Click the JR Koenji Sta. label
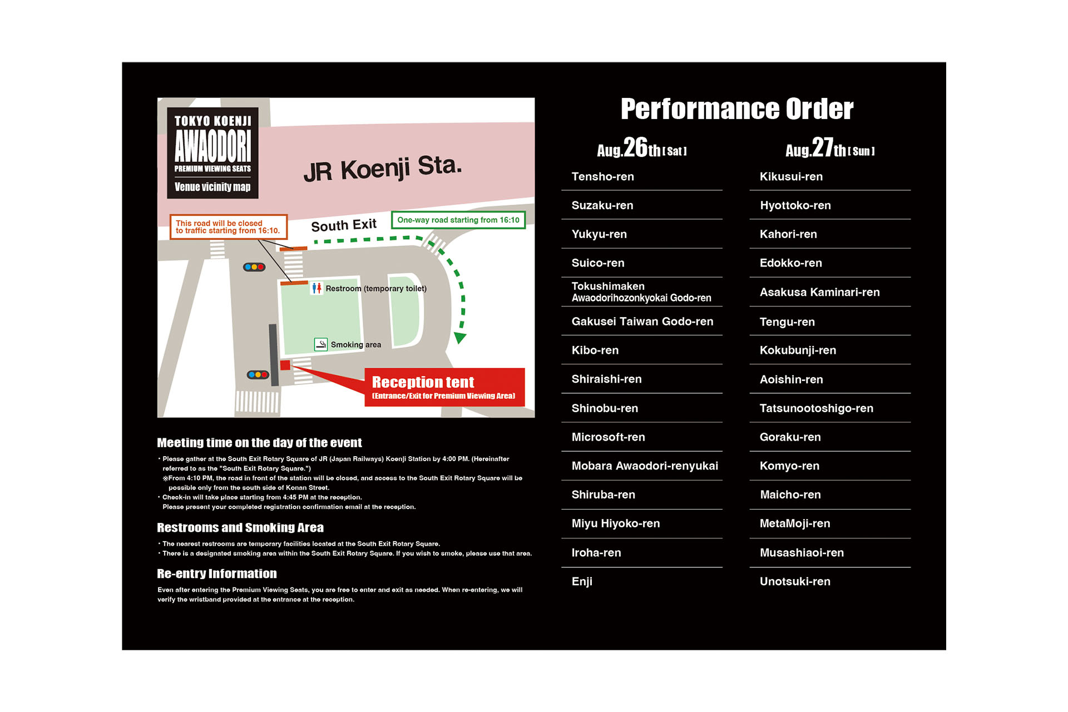click(x=383, y=169)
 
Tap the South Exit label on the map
click(x=343, y=225)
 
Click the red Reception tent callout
click(x=444, y=387)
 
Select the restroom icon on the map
click(x=317, y=288)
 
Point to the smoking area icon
click(x=321, y=344)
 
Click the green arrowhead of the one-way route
click(x=460, y=338)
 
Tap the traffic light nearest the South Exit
click(x=254, y=267)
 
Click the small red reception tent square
click(x=285, y=365)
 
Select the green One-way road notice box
click(x=458, y=220)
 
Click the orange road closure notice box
click(x=228, y=227)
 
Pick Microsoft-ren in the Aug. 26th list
click(x=608, y=437)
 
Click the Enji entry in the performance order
click(x=582, y=581)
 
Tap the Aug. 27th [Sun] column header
click(x=830, y=149)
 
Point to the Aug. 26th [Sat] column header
click(x=641, y=149)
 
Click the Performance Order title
click(x=736, y=109)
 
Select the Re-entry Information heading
click(x=217, y=573)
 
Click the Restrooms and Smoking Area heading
click(x=240, y=527)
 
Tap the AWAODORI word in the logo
click(x=212, y=146)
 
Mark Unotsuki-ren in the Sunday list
click(x=795, y=581)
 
